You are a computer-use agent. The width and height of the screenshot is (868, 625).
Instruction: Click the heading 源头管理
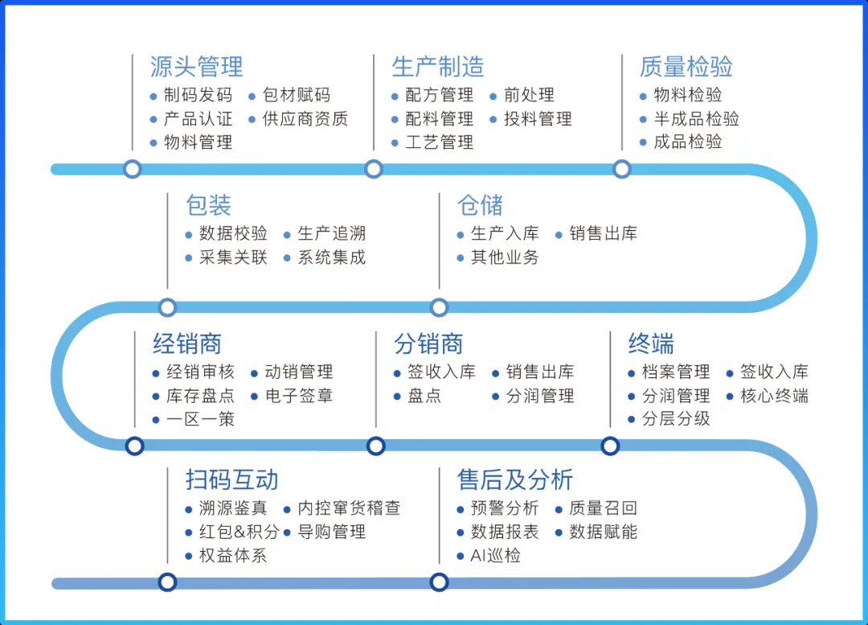pos(196,66)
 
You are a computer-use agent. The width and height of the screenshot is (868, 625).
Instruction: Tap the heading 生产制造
pos(438,66)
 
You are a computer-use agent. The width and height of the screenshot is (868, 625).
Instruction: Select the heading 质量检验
pos(686,66)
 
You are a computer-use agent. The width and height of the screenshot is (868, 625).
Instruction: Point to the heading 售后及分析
pos(515,480)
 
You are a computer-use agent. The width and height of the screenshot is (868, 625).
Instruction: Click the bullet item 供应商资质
pos(305,119)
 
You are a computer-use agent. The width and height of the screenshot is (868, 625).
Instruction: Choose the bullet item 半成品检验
pos(696,119)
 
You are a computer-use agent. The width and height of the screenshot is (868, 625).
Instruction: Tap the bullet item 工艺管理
pos(440,143)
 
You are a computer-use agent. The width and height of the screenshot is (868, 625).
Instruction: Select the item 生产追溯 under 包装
pos(331,234)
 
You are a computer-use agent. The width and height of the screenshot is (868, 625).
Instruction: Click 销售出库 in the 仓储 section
pos(603,234)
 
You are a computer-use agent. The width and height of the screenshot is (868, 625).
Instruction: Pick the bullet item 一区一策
pos(200,419)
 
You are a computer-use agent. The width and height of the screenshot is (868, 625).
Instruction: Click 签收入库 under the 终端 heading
pos(774,372)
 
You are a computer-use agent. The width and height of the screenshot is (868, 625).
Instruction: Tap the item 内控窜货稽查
pos(349,508)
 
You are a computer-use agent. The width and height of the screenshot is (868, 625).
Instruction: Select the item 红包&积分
pos(239,532)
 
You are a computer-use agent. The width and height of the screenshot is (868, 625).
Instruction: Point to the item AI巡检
pos(495,556)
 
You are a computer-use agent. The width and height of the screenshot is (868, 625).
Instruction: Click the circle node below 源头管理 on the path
pos(133,169)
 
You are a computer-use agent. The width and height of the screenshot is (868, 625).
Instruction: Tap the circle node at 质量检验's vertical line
pos(621,169)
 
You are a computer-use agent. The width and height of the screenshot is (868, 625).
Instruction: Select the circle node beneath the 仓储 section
pos(439,307)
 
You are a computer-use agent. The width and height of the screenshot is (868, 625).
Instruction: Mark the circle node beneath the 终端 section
pos(610,446)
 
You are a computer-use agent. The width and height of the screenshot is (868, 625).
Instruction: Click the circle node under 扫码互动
pos(167,582)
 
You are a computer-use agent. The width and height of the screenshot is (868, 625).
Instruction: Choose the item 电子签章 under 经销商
pos(298,396)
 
